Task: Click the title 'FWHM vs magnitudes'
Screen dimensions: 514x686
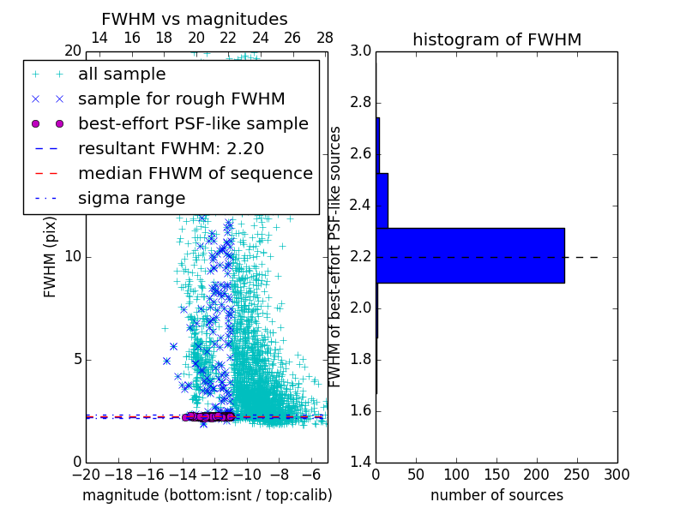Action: (x=194, y=19)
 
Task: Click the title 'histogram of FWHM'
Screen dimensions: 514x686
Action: (x=496, y=39)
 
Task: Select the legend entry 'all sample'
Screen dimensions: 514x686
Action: (x=122, y=75)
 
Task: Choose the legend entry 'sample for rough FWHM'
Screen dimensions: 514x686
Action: (x=181, y=99)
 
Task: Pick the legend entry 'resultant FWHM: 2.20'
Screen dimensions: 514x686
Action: (x=171, y=149)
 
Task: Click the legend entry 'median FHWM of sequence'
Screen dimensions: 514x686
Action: (x=195, y=174)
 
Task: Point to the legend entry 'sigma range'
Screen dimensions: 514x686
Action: (x=131, y=199)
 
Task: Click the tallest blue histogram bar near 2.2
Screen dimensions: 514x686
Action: (x=470, y=255)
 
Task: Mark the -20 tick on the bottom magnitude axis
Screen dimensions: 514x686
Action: (x=86, y=475)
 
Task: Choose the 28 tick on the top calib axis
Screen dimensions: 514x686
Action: (x=325, y=38)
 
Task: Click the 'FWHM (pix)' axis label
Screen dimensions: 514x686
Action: (x=51, y=257)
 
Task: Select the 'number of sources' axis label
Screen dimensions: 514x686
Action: (x=496, y=495)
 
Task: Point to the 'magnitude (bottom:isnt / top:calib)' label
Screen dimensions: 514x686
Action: (x=207, y=495)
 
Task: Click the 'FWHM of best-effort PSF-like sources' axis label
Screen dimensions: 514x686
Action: (x=336, y=257)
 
